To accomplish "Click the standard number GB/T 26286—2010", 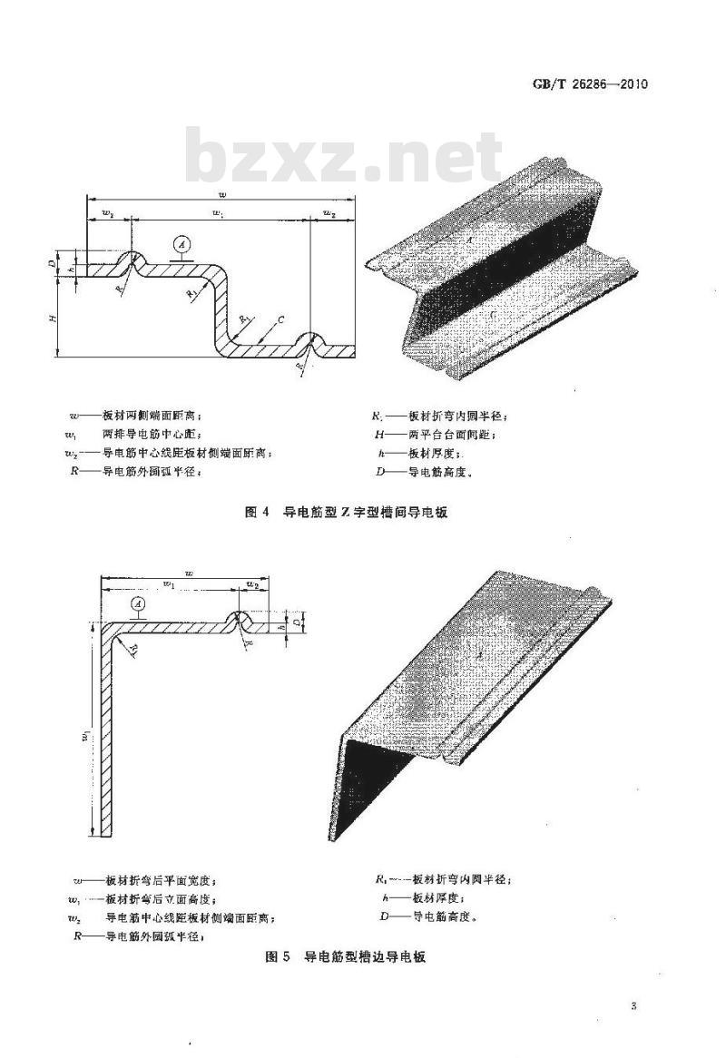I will (591, 85).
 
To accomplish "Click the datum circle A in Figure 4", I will (181, 244).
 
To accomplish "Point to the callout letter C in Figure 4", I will (282, 320).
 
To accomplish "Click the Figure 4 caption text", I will (348, 513).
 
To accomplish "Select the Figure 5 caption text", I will (346, 958).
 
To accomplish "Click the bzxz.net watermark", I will (343, 159).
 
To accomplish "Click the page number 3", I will (633, 1006).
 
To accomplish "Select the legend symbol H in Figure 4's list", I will (381, 435).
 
